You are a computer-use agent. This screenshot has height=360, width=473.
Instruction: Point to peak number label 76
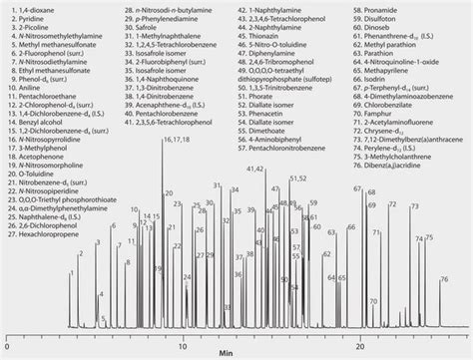pyautogui.click(x=443, y=280)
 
